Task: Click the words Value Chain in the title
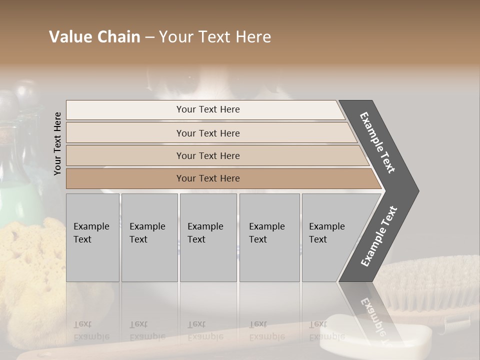click(x=94, y=37)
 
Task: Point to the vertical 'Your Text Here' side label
click(x=58, y=143)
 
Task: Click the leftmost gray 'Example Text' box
click(x=92, y=237)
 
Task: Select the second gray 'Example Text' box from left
click(x=149, y=237)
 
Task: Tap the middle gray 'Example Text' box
click(x=208, y=237)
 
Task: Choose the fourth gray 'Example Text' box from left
click(x=269, y=237)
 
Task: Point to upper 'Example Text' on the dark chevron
click(x=377, y=142)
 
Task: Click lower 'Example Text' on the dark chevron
click(x=378, y=236)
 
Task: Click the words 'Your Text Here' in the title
click(x=215, y=37)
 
